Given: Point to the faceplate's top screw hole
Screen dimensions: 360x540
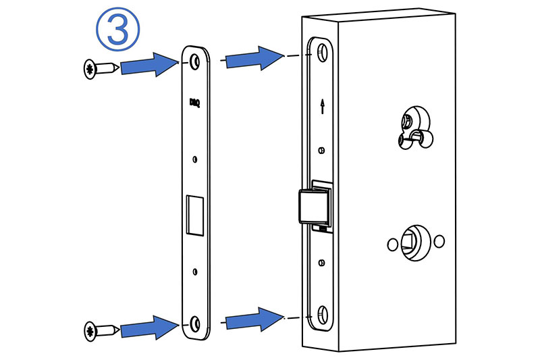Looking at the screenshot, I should (x=196, y=61).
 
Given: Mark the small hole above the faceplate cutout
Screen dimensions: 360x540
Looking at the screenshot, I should (x=195, y=159).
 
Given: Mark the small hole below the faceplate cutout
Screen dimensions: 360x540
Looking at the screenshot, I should (x=195, y=272).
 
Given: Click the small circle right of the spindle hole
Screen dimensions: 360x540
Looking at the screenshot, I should (x=440, y=241).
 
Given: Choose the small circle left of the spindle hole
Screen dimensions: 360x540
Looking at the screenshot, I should (x=389, y=243).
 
